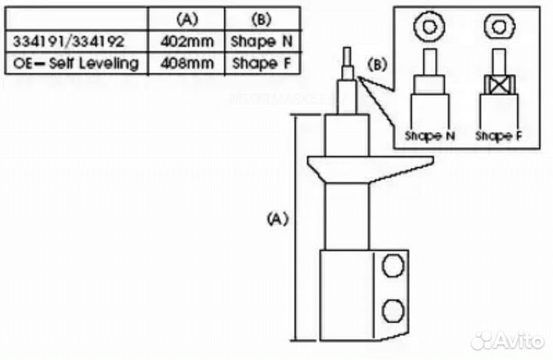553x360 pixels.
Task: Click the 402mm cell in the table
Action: click(187, 41)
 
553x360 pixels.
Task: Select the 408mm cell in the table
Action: click(187, 64)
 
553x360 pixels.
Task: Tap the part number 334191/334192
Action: click(69, 41)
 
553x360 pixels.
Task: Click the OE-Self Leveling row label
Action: click(76, 64)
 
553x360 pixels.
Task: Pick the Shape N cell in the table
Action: click(262, 41)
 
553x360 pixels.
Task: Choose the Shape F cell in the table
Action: click(262, 64)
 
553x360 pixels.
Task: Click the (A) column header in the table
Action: click(187, 19)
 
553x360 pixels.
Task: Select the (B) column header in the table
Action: click(262, 19)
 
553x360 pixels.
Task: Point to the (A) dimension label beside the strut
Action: click(278, 219)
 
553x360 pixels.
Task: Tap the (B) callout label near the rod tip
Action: click(377, 64)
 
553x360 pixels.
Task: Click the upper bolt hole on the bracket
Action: click(393, 266)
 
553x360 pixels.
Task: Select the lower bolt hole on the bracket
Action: click(393, 311)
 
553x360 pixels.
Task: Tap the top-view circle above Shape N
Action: click(429, 26)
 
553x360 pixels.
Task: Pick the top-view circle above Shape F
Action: click(499, 26)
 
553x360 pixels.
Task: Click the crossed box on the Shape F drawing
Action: click(499, 84)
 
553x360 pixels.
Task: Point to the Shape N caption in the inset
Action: click(429, 136)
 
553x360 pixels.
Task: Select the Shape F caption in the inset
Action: click(498, 136)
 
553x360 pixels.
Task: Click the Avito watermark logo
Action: click(507, 341)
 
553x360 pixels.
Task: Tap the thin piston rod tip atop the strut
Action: click(347, 56)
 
